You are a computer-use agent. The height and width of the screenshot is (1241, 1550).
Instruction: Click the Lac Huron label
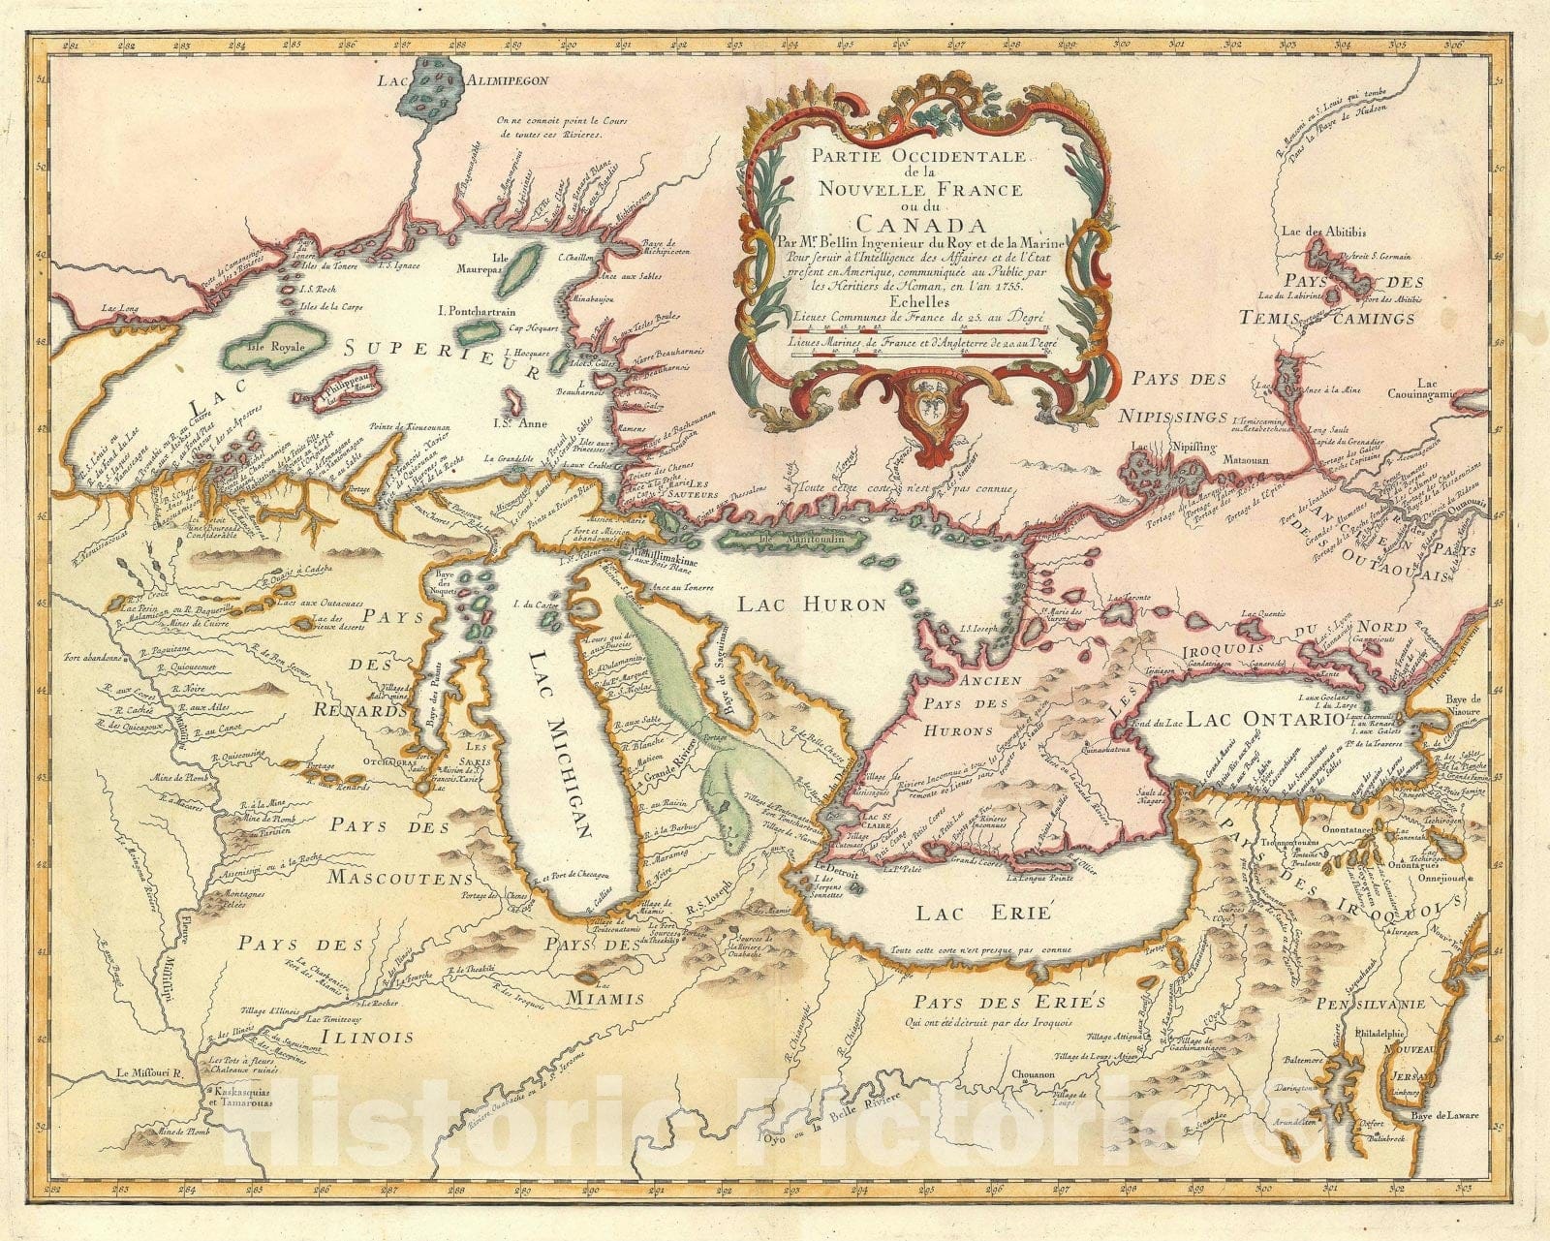(812, 605)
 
